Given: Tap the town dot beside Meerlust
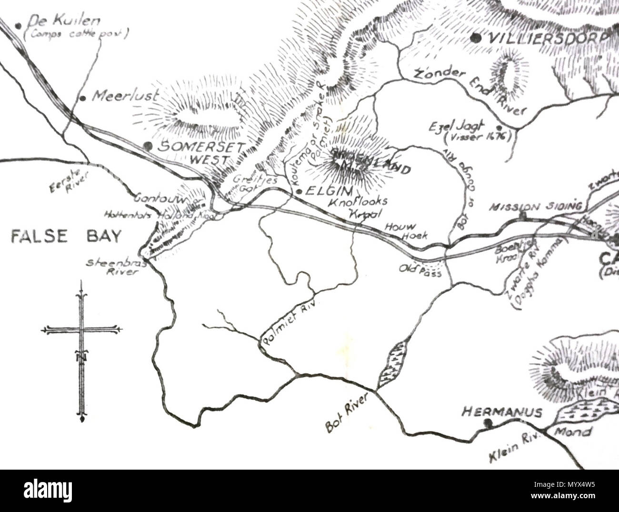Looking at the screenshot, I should tap(82, 98).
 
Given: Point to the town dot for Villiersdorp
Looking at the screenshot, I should tap(475, 38).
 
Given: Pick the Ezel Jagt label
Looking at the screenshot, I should tap(469, 130).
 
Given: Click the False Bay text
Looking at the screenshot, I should tap(66, 236).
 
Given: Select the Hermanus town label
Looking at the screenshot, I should tap(502, 412).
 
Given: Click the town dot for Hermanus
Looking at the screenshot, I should tap(486, 422).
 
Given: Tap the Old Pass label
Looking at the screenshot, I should tap(420, 269).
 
